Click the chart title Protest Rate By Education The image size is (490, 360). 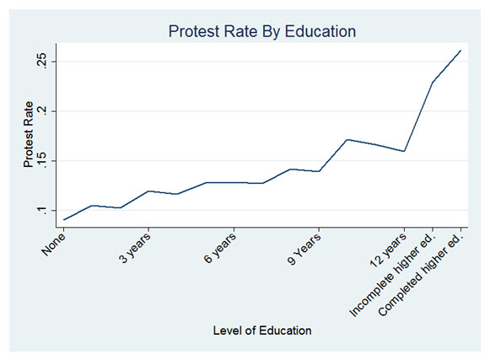[x=262, y=31]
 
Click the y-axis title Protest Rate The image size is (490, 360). [x=31, y=137]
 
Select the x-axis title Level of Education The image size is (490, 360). [x=262, y=330]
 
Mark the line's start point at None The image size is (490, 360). [x=64, y=220]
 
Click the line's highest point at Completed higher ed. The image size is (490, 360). [x=460, y=51]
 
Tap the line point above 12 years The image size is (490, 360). [x=405, y=151]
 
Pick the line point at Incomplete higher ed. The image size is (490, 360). [x=433, y=83]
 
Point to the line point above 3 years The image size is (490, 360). [x=149, y=191]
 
